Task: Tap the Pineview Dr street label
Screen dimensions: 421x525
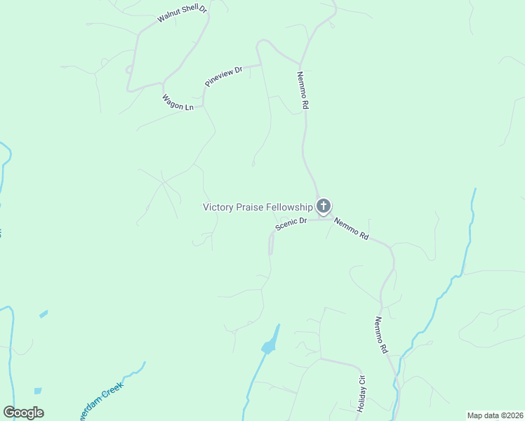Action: click(x=223, y=76)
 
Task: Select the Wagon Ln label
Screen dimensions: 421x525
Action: click(x=178, y=102)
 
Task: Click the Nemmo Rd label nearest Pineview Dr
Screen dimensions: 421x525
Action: click(x=303, y=90)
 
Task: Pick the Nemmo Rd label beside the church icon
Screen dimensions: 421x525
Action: click(x=351, y=229)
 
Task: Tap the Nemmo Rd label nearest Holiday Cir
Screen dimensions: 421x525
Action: click(x=380, y=335)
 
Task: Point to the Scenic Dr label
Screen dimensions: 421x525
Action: click(x=291, y=225)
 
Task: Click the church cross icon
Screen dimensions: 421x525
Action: click(x=323, y=206)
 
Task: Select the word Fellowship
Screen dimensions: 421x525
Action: click(x=286, y=207)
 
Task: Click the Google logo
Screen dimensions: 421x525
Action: click(x=23, y=413)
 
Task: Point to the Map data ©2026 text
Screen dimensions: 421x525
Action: click(x=494, y=415)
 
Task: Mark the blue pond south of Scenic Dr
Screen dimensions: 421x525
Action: click(x=269, y=346)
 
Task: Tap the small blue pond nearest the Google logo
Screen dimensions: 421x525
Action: click(x=37, y=391)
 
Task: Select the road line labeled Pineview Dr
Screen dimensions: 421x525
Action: click(x=249, y=67)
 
